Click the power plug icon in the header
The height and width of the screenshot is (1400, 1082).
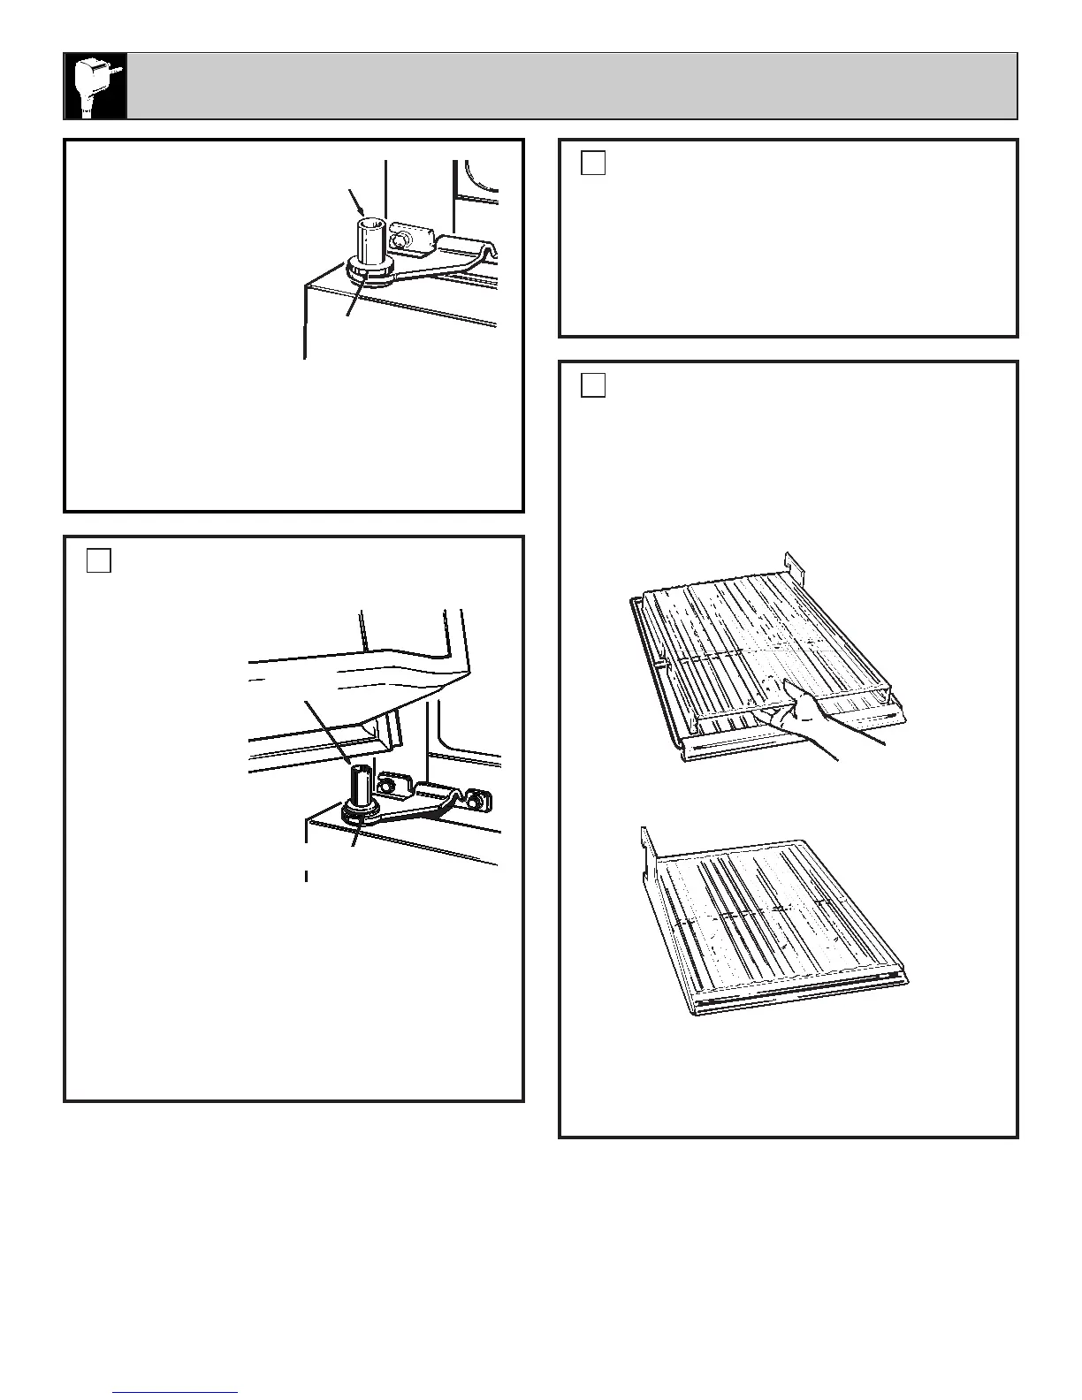pos(95,86)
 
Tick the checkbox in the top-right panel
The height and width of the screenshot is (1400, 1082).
pos(593,164)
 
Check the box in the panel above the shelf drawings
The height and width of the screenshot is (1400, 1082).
pos(593,385)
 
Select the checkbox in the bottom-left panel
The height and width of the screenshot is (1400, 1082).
pos(99,560)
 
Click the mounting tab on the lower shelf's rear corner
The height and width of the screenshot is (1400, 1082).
pos(647,843)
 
